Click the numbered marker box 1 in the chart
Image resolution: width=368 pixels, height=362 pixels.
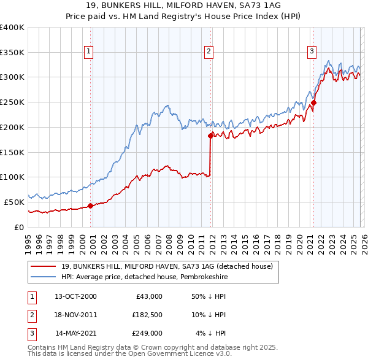(x=90, y=52)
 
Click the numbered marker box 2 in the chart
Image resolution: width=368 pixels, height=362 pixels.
(x=209, y=52)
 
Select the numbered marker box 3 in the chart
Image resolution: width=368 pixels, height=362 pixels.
(x=312, y=52)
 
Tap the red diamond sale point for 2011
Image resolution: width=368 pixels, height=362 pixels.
(x=210, y=136)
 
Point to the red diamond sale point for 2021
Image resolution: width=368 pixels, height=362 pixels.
(x=313, y=103)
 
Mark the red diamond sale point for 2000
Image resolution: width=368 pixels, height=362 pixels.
(x=90, y=206)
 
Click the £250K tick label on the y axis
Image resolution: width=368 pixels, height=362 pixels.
(x=12, y=102)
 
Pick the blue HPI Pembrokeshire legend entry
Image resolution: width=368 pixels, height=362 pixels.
(x=144, y=277)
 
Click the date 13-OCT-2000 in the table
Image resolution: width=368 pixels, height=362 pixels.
(x=75, y=296)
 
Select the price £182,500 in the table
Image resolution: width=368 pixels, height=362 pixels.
(x=147, y=315)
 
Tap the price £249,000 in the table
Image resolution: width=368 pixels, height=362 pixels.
(x=147, y=333)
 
